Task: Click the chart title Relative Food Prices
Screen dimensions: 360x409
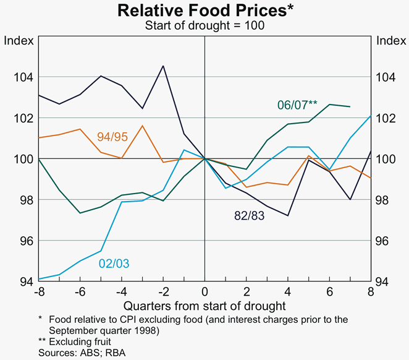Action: click(x=204, y=11)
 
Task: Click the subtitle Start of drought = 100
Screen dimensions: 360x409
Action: click(x=204, y=25)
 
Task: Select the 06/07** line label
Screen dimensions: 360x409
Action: click(x=297, y=105)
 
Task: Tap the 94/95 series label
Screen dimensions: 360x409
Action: click(x=112, y=136)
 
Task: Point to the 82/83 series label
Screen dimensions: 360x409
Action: click(x=250, y=215)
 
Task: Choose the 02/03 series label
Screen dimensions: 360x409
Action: click(x=114, y=263)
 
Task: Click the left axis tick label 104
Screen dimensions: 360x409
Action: click(x=19, y=77)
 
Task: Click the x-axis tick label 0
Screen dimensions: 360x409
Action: click(x=204, y=291)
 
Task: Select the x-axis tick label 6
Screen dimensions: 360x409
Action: click(x=329, y=291)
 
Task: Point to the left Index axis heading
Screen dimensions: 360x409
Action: click(x=17, y=41)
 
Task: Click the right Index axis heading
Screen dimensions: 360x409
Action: click(x=391, y=41)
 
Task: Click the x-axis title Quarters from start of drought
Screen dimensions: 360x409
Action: click(x=204, y=306)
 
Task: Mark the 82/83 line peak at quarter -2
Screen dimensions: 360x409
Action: click(x=163, y=66)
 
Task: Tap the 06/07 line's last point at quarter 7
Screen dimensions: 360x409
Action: click(x=350, y=106)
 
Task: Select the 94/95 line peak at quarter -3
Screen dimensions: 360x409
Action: click(x=142, y=126)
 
